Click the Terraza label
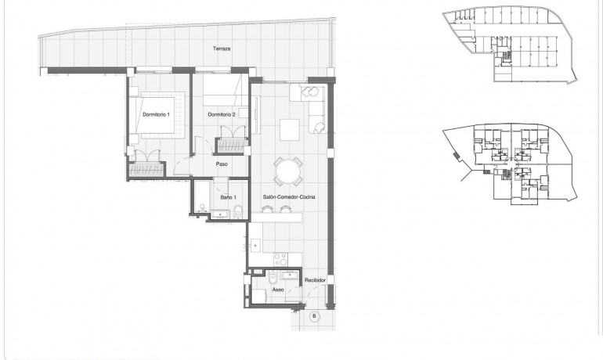coord(222,49)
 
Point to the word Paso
coord(222,164)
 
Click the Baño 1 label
coord(227,197)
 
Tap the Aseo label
coord(278,289)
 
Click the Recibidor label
coord(316,279)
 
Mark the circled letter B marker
coord(314,317)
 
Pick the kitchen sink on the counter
coord(256,246)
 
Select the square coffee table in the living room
coord(290,128)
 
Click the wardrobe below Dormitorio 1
coord(146,167)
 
